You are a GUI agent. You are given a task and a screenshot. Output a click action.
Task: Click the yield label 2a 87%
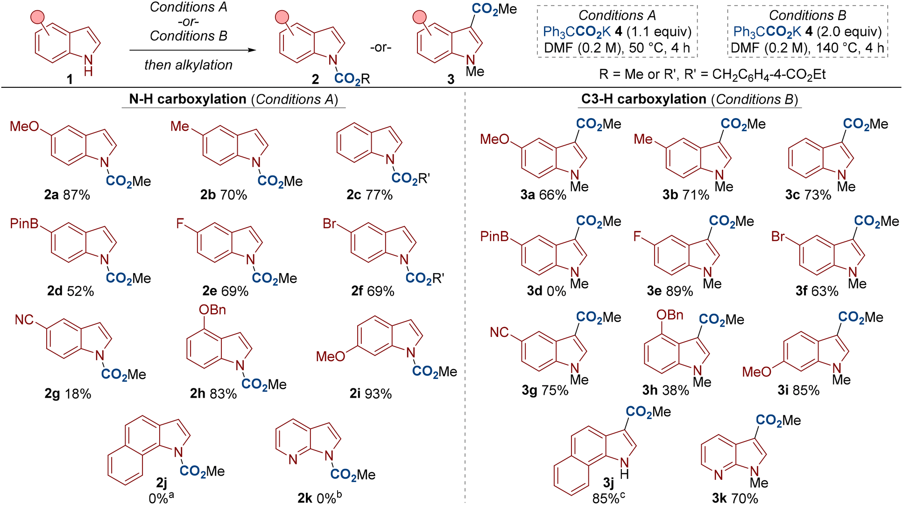(67, 195)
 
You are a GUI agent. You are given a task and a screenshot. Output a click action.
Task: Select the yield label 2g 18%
(68, 394)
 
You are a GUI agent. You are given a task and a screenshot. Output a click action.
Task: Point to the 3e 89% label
(670, 291)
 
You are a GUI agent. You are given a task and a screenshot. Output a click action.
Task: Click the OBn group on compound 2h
(212, 310)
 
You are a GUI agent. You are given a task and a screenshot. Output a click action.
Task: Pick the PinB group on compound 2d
(24, 224)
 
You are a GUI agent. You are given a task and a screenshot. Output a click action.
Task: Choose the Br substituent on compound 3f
(778, 237)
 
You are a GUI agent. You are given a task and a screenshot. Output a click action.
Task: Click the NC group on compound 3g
(499, 332)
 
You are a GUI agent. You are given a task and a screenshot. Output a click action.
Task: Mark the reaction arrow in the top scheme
(192, 50)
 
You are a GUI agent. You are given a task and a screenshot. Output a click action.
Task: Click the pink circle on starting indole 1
(38, 18)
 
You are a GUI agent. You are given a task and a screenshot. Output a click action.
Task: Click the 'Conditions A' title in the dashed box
(617, 15)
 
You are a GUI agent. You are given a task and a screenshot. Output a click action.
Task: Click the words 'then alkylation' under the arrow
(188, 65)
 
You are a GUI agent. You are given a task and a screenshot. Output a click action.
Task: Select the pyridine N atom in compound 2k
(293, 460)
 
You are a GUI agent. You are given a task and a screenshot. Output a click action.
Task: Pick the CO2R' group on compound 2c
(410, 179)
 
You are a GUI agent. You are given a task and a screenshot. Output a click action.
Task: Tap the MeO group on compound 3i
(756, 372)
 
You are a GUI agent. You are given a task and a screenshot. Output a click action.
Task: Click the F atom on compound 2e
(180, 224)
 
